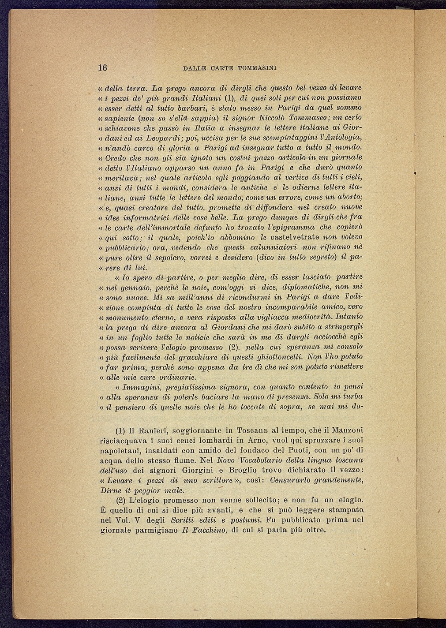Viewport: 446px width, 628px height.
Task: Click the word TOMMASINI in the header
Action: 257,68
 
